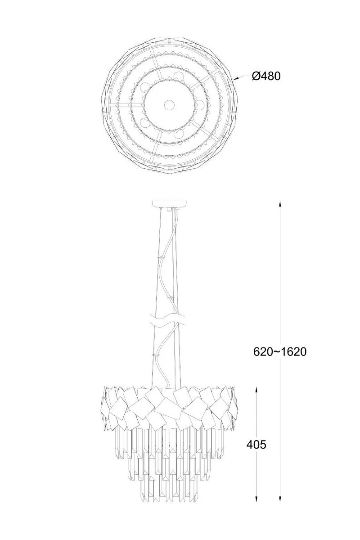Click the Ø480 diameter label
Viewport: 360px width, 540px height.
tap(266, 76)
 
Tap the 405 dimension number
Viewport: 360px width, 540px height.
tap(256, 445)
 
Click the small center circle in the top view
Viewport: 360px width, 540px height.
tap(169, 105)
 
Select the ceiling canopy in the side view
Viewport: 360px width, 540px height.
tap(169, 204)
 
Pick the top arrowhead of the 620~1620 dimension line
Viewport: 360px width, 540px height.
tap(280, 204)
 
